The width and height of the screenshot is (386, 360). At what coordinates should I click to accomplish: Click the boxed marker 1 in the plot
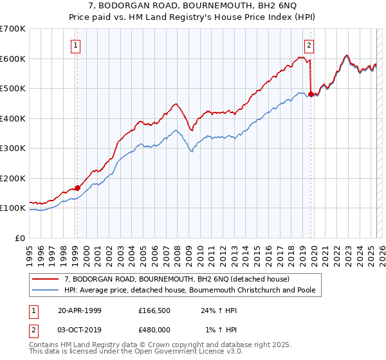[x=76, y=45]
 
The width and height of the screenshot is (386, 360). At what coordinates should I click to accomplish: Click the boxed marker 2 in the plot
[x=309, y=45]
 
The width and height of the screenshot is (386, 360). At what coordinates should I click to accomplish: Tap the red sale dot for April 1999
[x=77, y=188]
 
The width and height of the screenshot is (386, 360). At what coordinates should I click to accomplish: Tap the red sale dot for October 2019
[x=311, y=94]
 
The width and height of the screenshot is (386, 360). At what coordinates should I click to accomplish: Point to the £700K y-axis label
[x=13, y=29]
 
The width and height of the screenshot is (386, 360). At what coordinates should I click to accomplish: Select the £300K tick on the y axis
[x=13, y=148]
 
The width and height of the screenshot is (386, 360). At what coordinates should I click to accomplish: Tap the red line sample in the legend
[x=45, y=279]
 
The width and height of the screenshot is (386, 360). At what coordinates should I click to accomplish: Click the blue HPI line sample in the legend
[x=45, y=290]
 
